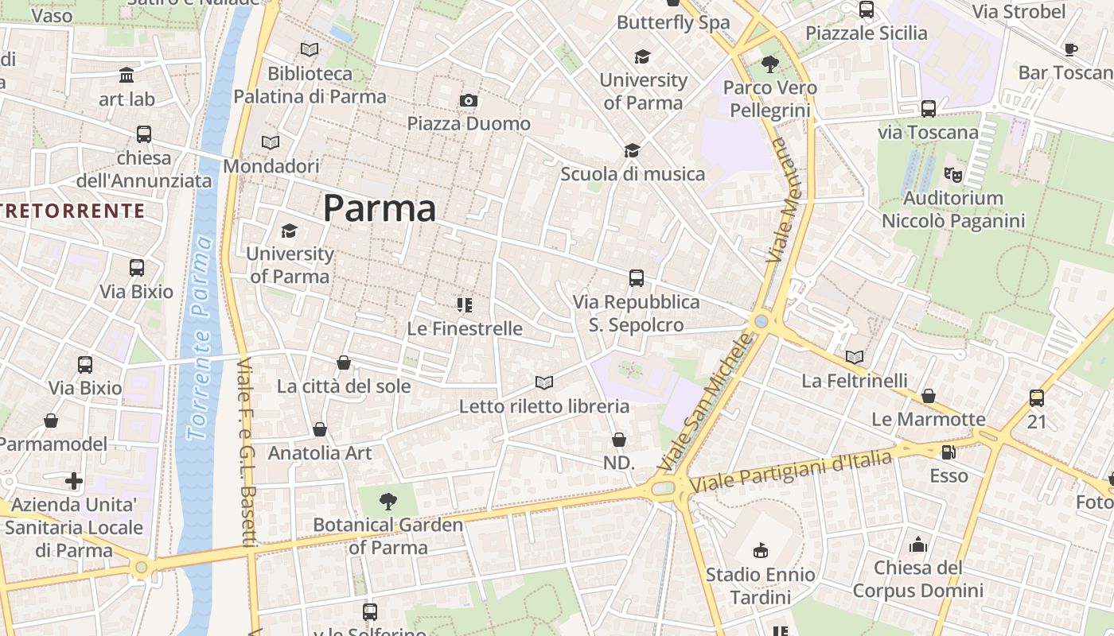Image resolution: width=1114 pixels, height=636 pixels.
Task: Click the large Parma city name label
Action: point(380,208)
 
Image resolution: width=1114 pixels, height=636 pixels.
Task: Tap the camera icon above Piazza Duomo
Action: point(469,100)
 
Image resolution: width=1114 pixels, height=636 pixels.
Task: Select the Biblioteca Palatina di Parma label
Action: point(310,85)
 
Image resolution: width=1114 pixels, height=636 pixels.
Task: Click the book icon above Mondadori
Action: point(271,143)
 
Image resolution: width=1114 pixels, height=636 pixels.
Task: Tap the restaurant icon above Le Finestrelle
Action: point(465,305)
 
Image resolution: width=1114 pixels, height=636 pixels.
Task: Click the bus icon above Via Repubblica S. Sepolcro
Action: point(636,278)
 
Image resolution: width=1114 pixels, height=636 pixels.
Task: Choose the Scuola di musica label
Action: point(633,173)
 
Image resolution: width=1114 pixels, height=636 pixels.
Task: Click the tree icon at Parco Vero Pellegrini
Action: point(769,64)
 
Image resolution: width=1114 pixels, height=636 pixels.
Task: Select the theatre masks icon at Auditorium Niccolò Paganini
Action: point(952,174)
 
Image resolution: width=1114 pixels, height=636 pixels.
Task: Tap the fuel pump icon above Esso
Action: point(948,453)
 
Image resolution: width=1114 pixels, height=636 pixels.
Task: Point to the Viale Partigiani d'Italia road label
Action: point(791,470)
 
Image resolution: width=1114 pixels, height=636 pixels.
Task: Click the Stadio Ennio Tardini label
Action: point(760,585)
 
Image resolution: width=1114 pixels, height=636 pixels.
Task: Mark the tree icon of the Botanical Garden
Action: point(388,502)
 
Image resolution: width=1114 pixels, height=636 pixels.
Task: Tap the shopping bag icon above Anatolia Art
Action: point(320,429)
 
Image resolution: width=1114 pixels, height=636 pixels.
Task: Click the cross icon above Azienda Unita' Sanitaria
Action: point(74,481)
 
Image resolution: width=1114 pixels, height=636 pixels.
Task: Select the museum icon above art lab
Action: point(127,76)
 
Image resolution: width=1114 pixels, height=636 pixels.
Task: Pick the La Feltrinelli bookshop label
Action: point(855,380)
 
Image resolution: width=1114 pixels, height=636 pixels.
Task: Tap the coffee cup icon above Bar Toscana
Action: point(1071,50)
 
